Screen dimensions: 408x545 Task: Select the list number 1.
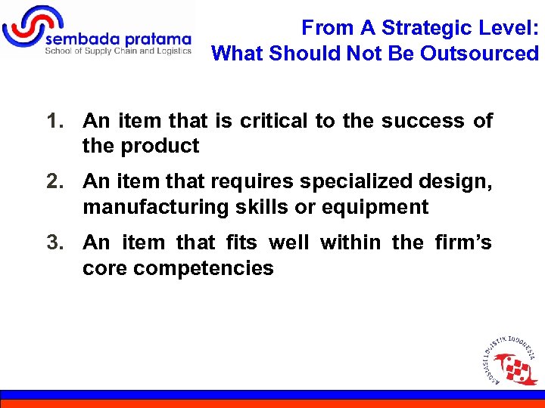[x=54, y=121]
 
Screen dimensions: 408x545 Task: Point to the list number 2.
[x=54, y=181]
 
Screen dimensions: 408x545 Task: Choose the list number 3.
[x=54, y=243]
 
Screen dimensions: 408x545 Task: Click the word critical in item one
[x=272, y=121]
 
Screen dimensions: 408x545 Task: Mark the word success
[x=423, y=121]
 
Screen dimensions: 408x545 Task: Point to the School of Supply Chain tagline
[x=117, y=51]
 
